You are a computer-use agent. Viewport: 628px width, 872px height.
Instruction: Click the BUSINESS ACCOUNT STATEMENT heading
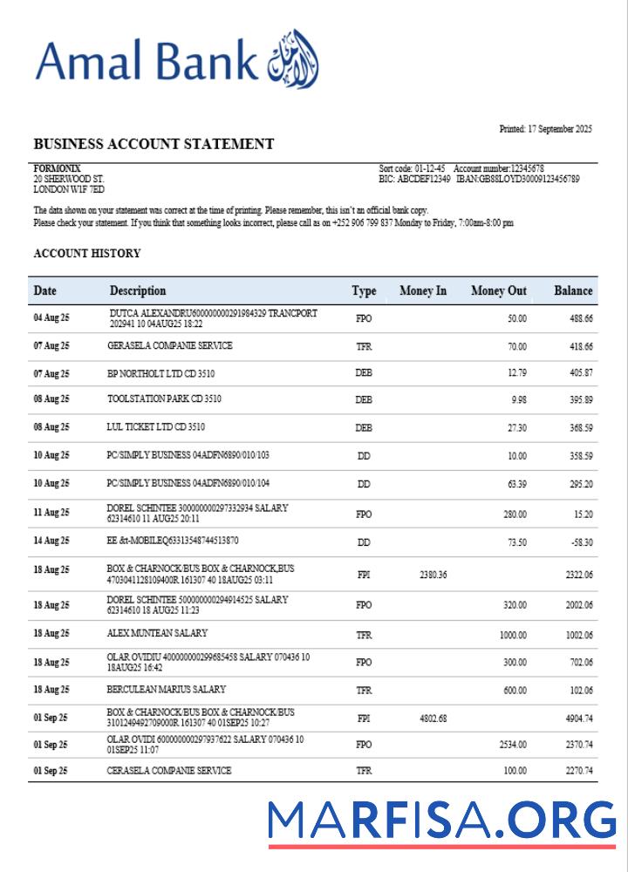pyautogui.click(x=154, y=144)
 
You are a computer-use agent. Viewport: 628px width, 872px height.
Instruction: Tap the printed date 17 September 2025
pyautogui.click(x=545, y=129)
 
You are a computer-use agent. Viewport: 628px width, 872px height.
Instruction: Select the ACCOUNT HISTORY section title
pyautogui.click(x=86, y=254)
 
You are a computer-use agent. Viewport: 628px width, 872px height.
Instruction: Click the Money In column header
pyautogui.click(x=423, y=290)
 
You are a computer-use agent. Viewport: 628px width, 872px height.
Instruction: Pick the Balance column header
pyautogui.click(x=573, y=290)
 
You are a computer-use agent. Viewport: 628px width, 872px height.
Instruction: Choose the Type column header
pyautogui.click(x=364, y=290)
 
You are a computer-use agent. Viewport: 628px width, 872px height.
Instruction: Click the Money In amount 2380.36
pyautogui.click(x=433, y=575)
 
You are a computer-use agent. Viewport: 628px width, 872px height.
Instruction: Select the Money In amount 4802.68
pyautogui.click(x=433, y=719)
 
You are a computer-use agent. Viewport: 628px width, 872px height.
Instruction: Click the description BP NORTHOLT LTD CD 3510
pyautogui.click(x=160, y=373)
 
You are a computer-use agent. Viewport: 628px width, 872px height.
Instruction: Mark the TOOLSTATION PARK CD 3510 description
pyautogui.click(x=164, y=399)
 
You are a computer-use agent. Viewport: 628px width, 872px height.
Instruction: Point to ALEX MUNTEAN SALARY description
pyautogui.click(x=157, y=634)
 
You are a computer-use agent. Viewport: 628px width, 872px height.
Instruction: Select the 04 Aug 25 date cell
pyautogui.click(x=51, y=318)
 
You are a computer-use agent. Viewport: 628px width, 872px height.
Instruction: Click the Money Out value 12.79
pyautogui.click(x=516, y=373)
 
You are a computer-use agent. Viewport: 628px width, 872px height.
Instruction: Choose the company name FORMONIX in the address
pyautogui.click(x=57, y=168)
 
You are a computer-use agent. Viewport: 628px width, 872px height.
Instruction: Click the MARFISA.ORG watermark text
pyautogui.click(x=441, y=821)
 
